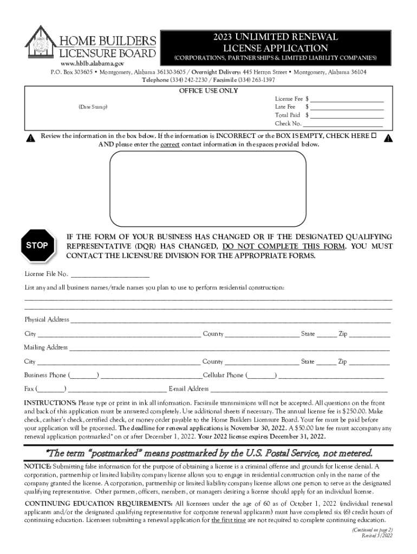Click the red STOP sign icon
click(37, 245)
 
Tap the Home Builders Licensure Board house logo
click(40, 44)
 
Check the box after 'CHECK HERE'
click(374, 135)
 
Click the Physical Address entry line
click(231, 321)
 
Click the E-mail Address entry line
click(299, 390)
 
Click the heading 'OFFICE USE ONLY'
click(208, 91)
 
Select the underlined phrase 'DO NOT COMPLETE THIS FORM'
click(284, 246)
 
